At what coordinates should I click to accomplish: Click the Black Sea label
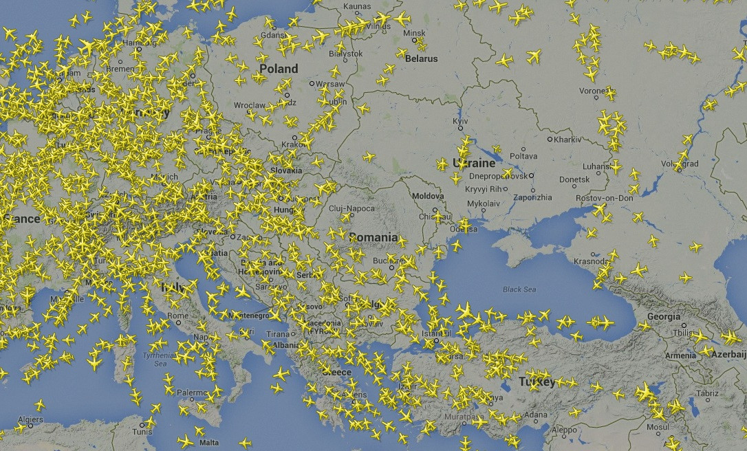[519, 289]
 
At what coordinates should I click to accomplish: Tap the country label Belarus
[421, 59]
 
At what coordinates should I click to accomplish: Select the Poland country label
[279, 69]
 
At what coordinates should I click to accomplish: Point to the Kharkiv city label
[567, 140]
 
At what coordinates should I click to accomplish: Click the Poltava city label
[523, 156]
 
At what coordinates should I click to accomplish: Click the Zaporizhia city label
[533, 197]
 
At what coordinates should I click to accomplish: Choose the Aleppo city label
[564, 430]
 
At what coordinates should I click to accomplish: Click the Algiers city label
[30, 419]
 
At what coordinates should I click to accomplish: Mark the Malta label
[208, 443]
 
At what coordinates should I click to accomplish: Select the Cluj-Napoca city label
[351, 208]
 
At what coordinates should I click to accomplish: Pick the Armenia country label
[680, 355]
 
